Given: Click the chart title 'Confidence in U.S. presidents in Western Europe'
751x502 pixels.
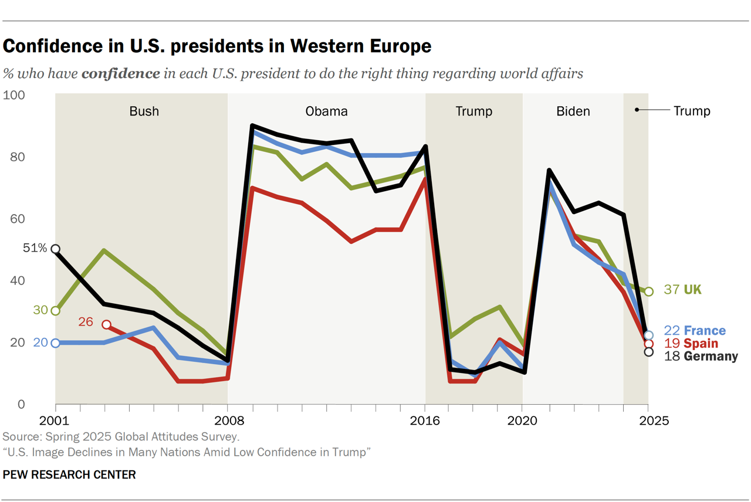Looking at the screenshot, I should [217, 46].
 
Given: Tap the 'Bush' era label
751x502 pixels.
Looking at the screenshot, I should [144, 111].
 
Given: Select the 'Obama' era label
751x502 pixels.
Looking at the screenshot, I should [326, 111].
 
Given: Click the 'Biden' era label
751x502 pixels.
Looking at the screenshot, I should [573, 111].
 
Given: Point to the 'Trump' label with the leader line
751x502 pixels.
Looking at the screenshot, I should [692, 111].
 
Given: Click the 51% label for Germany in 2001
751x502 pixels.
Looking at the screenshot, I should [35, 248].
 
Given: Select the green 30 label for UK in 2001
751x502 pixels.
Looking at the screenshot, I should [40, 310].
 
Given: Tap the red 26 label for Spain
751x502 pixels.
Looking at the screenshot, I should [85, 322].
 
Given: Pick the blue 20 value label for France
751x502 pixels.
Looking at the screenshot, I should [40, 342].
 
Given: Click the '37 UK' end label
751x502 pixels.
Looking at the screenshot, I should [682, 290].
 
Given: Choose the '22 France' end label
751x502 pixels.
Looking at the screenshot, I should [695, 331].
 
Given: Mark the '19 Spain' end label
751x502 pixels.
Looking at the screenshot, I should [691, 344].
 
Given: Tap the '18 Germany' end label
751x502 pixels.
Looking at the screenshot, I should [701, 357].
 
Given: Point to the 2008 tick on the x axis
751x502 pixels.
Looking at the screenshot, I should [227, 420].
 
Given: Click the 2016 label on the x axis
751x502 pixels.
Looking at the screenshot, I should [425, 420].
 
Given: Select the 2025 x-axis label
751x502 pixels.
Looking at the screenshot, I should [648, 420].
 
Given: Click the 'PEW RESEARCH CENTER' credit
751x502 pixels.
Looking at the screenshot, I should [69, 474].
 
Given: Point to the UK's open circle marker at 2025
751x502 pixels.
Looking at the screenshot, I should [648, 291].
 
